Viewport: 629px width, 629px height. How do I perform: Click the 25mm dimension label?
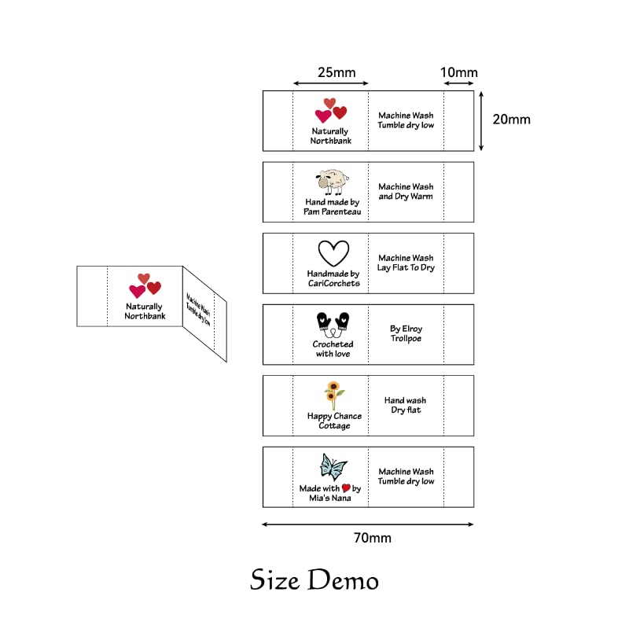coord(337,72)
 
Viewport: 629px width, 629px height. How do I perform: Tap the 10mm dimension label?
coord(459,72)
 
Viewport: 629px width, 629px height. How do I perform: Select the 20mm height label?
coord(512,120)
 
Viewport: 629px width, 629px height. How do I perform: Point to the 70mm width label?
coord(372,538)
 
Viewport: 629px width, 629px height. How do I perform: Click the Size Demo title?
coord(314,580)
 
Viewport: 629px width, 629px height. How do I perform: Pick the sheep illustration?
coord(332,182)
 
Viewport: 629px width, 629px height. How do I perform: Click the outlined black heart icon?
coord(333,253)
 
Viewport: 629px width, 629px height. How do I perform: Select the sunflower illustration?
coord(333,395)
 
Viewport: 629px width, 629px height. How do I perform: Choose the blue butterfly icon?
coord(333,467)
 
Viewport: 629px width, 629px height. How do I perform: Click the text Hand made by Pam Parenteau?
coord(332,207)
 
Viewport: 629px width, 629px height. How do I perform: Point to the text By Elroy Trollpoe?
coord(406,333)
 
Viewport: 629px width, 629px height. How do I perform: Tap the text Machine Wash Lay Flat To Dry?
coord(406,263)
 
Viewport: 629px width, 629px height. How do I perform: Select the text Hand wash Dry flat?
coord(406,405)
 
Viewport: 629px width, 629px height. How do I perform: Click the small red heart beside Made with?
coord(346,487)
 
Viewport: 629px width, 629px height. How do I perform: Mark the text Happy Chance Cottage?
coord(335,421)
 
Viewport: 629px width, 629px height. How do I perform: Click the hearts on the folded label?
coord(145,285)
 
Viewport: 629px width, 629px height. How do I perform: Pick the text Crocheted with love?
coord(333,349)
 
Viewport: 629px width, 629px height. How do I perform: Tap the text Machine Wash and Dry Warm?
coord(406,191)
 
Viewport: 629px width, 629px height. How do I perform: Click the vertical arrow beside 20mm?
coord(481,121)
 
